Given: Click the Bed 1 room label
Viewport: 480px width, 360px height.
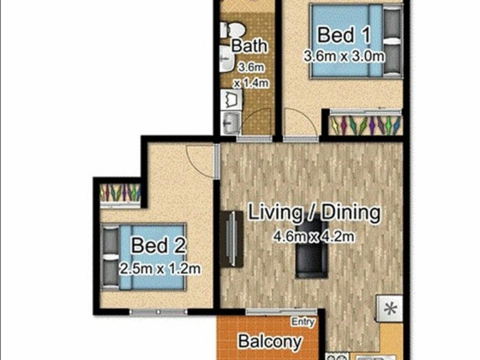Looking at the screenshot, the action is tap(344, 35).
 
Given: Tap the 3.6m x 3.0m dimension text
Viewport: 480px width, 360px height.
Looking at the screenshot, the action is tap(344, 56).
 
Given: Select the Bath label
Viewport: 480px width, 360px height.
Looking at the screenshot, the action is tap(249, 46).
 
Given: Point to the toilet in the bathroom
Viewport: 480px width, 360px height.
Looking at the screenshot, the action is tap(233, 30).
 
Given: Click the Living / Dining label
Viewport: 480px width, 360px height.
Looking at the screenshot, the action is tap(314, 212).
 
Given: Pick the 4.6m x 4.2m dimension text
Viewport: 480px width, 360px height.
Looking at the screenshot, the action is tap(314, 236).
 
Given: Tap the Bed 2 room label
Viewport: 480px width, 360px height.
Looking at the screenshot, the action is tap(158, 245).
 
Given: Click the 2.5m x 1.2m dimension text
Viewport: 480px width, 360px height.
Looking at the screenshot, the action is tap(160, 269).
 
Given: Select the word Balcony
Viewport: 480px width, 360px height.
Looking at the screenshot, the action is tap(270, 341).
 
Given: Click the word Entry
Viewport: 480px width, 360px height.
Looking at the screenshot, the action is tap(303, 322).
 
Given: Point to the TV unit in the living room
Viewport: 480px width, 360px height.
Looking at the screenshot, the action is tap(232, 239).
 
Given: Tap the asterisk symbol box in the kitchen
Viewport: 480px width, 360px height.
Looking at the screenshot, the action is tap(389, 308).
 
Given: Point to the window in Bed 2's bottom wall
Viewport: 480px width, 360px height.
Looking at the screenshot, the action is tap(158, 312).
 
